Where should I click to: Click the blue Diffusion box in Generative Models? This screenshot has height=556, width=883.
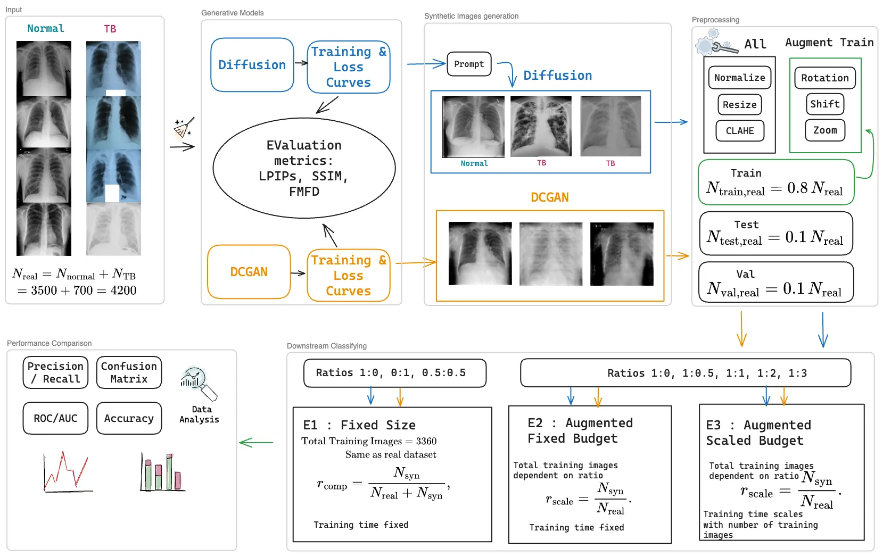[x=252, y=65]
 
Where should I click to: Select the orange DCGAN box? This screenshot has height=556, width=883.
[x=249, y=272]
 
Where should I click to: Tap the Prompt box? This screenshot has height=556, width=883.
[x=468, y=64]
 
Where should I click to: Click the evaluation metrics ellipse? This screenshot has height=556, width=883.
[x=304, y=168]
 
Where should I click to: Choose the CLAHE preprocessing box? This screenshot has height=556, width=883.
[x=739, y=131]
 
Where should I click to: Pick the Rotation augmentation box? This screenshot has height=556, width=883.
[x=824, y=78]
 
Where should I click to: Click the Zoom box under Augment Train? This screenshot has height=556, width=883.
[x=824, y=130]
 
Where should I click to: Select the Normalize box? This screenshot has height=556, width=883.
[x=739, y=78]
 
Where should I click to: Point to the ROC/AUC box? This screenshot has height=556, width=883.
[x=55, y=418]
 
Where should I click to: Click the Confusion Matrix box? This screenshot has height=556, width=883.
[x=129, y=372]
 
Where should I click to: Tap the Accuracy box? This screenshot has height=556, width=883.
[x=129, y=418]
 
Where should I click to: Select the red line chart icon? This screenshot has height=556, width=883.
[x=67, y=472]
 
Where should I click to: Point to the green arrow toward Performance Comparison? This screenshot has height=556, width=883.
[x=256, y=442]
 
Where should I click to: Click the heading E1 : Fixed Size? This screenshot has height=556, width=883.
[x=359, y=425]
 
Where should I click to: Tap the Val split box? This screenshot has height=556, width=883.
[x=775, y=282]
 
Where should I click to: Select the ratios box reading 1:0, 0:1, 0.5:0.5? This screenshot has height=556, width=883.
[x=394, y=373]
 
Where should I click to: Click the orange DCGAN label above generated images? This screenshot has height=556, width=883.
[x=549, y=197]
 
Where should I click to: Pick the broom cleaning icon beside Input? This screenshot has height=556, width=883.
[x=184, y=128]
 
